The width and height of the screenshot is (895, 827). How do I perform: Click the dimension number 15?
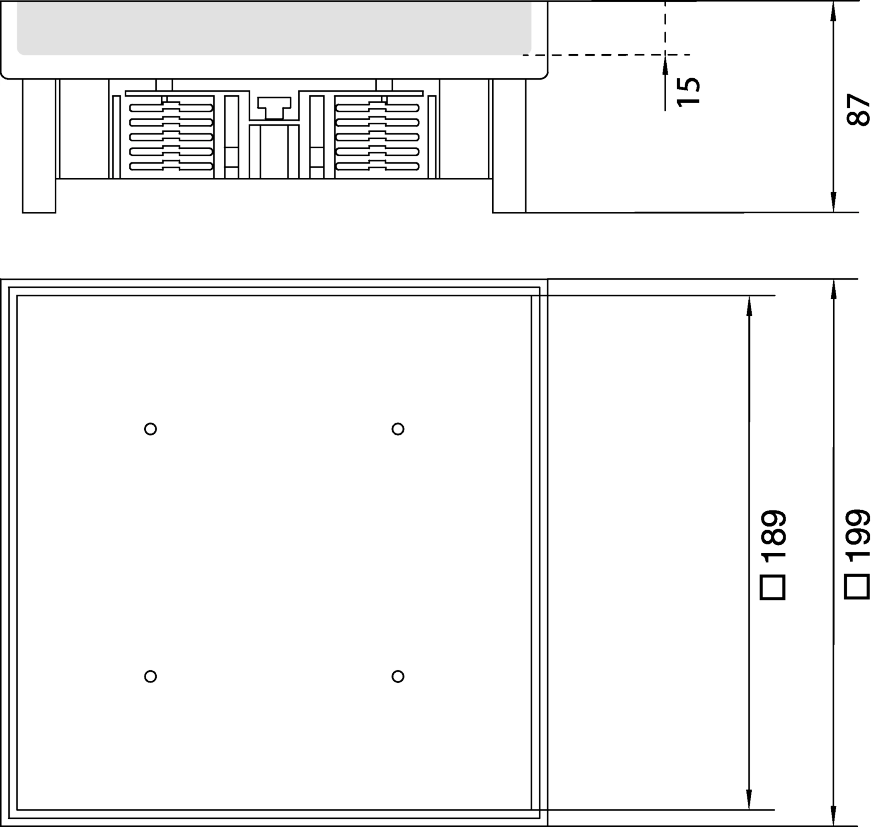point(688,92)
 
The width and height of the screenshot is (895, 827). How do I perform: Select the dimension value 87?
point(858,110)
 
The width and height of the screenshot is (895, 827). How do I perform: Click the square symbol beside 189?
point(773,587)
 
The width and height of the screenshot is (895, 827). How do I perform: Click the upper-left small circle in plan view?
point(150,429)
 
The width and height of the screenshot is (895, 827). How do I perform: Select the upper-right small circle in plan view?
point(398,429)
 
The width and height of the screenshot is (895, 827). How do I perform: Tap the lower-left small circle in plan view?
point(150,676)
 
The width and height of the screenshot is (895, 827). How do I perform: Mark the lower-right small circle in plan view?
point(398,676)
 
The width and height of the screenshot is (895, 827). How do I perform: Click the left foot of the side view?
point(39,146)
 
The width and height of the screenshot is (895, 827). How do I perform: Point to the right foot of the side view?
point(509,146)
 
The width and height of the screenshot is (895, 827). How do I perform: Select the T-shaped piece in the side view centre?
point(274,108)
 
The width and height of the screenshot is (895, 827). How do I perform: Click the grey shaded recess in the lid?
point(274,28)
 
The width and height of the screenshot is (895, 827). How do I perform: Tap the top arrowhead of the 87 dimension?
point(833,11)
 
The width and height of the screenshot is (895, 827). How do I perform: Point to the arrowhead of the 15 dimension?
point(665,65)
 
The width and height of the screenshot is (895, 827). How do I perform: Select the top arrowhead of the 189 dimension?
point(749,306)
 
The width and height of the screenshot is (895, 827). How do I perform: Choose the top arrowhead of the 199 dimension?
point(833,289)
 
